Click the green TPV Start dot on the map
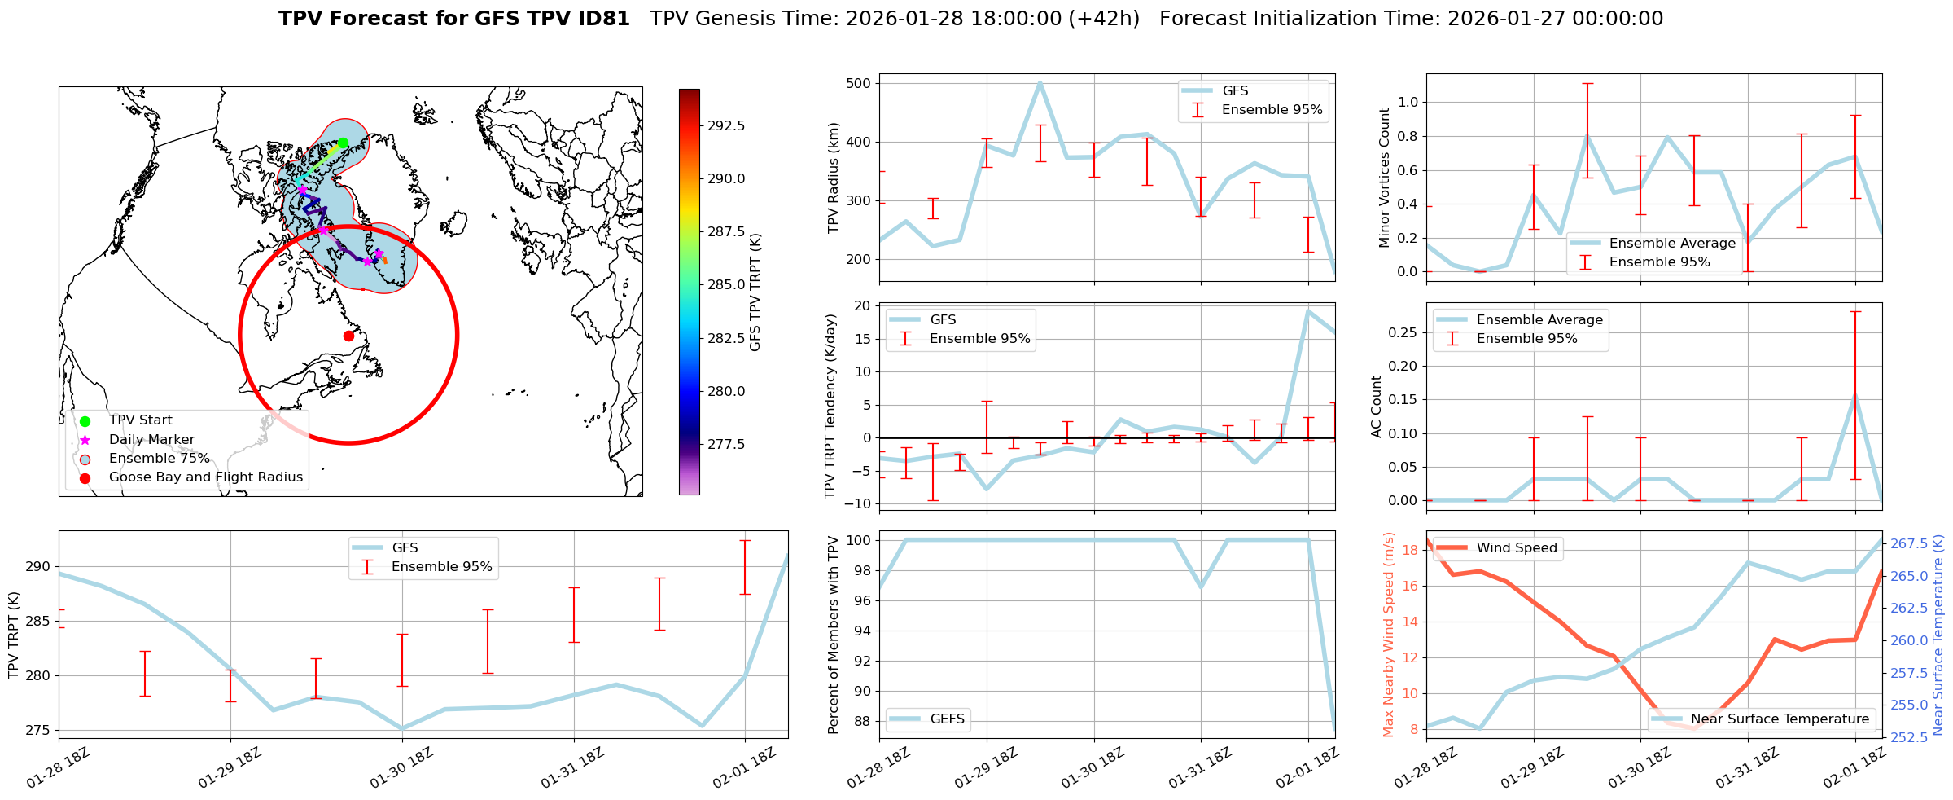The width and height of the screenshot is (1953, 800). coord(343,143)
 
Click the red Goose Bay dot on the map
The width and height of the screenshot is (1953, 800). coord(348,336)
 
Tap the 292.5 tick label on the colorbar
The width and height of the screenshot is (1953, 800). coord(726,125)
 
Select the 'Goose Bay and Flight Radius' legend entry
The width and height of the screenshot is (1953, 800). coord(205,477)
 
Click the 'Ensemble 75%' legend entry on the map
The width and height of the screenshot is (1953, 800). coord(159,459)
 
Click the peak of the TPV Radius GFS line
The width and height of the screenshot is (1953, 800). coord(1040,82)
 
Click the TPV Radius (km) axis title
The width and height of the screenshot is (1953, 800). coord(833,178)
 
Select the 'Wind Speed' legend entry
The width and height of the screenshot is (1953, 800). coord(1516,548)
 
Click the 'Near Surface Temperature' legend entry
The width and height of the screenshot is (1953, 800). coord(1779,719)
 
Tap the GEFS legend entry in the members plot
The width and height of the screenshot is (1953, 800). coord(947,719)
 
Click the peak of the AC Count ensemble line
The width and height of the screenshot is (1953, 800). coord(1855,395)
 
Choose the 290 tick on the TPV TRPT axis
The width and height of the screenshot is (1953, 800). coord(40,567)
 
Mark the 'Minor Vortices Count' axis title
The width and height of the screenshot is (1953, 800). coord(1385,178)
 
